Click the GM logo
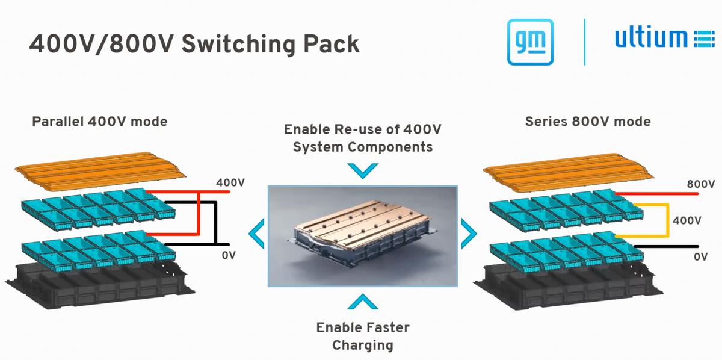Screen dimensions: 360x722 (530, 42)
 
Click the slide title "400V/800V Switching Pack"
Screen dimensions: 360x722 (194, 43)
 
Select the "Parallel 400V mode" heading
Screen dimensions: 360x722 (99, 122)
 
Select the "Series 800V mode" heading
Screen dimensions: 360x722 (588, 122)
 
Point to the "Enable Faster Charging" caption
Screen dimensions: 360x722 (362, 336)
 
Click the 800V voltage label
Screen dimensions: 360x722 (700, 184)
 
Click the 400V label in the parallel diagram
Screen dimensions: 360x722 (230, 182)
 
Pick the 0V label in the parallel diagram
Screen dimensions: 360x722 (229, 255)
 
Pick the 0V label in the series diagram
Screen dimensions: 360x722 (700, 256)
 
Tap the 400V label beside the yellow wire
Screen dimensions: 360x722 (687, 220)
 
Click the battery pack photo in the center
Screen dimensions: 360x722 (362, 235)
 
